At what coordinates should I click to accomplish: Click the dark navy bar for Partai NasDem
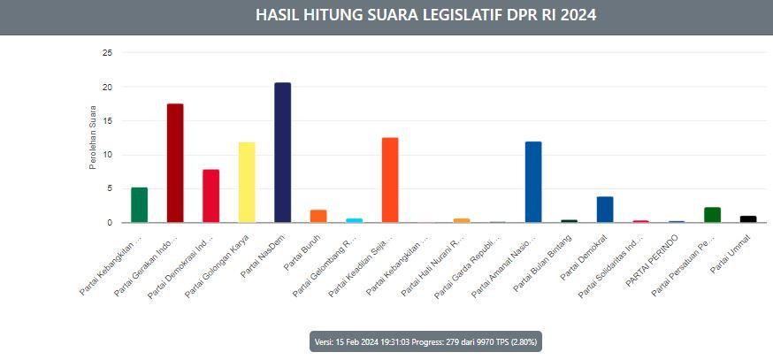282,152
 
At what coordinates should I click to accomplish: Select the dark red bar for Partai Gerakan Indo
175,163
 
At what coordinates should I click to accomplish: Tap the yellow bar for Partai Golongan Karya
247,182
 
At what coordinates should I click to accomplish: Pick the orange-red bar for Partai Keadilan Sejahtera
390,180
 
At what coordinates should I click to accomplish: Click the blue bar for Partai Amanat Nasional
533,181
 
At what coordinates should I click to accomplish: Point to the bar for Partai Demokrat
605,210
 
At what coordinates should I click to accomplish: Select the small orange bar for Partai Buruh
318,216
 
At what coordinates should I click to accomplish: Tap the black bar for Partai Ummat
748,218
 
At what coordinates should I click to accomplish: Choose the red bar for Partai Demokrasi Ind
210,195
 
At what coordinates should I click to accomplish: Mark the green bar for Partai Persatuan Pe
712,214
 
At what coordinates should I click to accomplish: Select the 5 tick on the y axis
110,188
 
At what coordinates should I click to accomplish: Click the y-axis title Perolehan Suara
92,138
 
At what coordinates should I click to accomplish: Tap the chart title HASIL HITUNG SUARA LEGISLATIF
425,15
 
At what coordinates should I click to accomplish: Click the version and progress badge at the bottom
425,341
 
